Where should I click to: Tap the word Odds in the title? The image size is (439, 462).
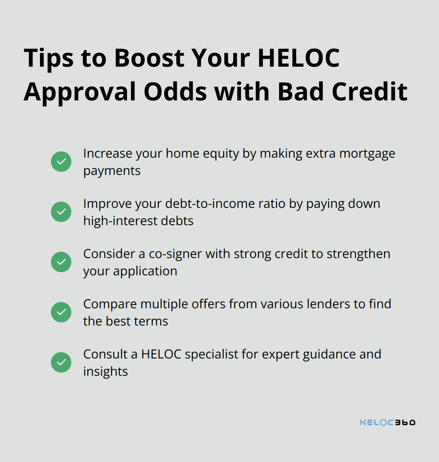(x=175, y=92)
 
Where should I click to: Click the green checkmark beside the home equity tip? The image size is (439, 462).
(x=61, y=162)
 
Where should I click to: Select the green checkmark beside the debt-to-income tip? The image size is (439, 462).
(x=61, y=212)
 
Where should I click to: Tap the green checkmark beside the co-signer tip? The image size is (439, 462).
(x=61, y=262)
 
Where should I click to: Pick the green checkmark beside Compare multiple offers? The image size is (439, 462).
(x=61, y=312)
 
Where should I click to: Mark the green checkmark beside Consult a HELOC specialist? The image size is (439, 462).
(x=61, y=362)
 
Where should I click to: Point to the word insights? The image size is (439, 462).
(x=105, y=372)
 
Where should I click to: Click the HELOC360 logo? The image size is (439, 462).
(x=387, y=422)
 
